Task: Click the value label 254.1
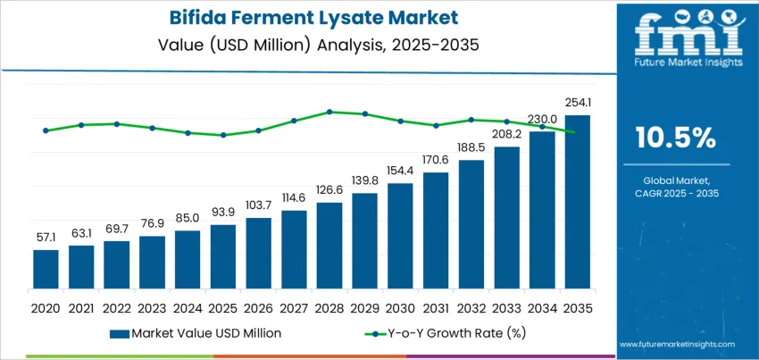tap(577, 103)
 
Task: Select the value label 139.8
tap(364, 181)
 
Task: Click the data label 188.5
tap(471, 147)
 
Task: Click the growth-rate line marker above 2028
tap(329, 112)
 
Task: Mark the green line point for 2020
tap(46, 130)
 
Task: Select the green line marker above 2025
tap(222, 135)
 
